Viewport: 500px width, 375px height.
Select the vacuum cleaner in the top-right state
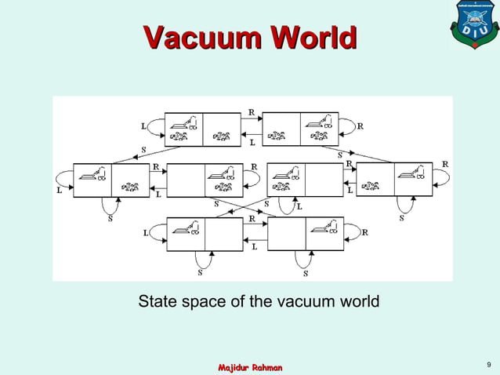[x=318, y=122]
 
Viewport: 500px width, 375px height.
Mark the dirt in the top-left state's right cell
[x=222, y=137]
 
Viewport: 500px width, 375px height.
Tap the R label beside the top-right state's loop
[x=361, y=126]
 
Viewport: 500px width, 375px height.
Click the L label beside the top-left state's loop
[x=143, y=126]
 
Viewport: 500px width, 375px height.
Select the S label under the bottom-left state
[x=199, y=274]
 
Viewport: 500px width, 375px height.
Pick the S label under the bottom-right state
[x=305, y=274]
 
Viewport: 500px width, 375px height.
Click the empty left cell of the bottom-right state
[x=286, y=234]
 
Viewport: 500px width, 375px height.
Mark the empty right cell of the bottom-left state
[x=223, y=234]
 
